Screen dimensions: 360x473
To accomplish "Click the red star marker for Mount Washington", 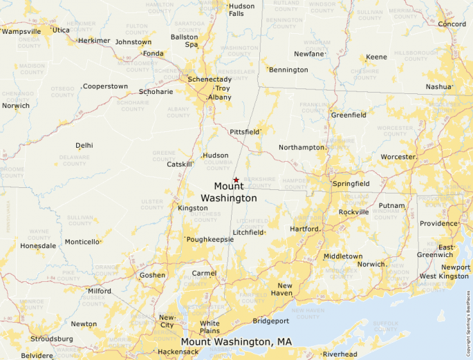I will [236, 180].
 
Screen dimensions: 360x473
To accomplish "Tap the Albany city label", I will [219, 97].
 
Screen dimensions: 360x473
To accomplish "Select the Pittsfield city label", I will [244, 131].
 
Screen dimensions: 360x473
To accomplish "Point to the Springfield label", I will [351, 184].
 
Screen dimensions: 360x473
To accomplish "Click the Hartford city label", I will [304, 229].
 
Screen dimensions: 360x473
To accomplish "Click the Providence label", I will [438, 224].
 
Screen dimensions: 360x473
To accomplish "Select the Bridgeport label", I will [270, 321].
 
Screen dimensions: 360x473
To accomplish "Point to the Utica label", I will [61, 30].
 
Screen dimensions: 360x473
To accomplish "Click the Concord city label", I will [452, 24].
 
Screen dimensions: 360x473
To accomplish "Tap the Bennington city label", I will [288, 70].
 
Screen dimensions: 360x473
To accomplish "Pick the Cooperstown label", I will [105, 86].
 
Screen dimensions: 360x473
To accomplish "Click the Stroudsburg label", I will [51, 339].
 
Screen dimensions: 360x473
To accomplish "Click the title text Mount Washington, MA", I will [236, 342].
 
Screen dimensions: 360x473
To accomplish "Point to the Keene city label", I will [376, 57].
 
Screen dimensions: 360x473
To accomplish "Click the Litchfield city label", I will [248, 233].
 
